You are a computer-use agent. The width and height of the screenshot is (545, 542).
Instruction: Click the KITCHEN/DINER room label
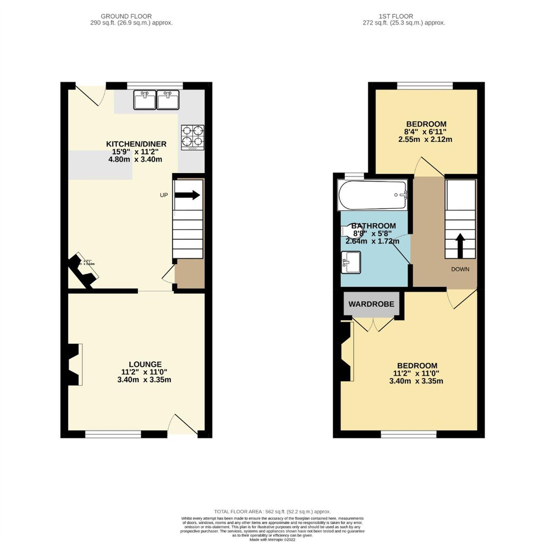[x=136, y=144]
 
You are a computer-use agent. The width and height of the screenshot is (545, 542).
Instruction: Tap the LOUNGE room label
[x=145, y=364]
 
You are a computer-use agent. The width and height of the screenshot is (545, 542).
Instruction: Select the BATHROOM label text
[x=373, y=226]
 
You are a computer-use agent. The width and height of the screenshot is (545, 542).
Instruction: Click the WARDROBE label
[x=371, y=304]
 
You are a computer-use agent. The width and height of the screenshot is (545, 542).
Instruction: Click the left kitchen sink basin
[x=145, y=100]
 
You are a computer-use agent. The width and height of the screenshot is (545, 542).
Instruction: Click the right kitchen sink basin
[x=168, y=100]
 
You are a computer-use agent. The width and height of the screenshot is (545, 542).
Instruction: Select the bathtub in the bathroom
[x=372, y=195]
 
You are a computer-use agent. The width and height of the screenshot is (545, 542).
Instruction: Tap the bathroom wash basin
[x=350, y=262]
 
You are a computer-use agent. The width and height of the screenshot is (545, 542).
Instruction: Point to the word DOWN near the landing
[x=460, y=269]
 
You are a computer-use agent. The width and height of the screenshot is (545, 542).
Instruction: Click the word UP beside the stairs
[x=163, y=195]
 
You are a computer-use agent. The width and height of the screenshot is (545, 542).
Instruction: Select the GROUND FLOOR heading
[x=126, y=16]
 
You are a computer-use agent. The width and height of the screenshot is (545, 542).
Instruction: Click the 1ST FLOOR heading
[x=396, y=16]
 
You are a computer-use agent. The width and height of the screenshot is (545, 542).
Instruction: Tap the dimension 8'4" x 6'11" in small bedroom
[x=426, y=132]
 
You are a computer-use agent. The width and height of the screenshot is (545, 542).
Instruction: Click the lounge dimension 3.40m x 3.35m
[x=144, y=380]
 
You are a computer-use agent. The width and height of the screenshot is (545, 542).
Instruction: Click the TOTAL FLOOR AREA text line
[x=272, y=511]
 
